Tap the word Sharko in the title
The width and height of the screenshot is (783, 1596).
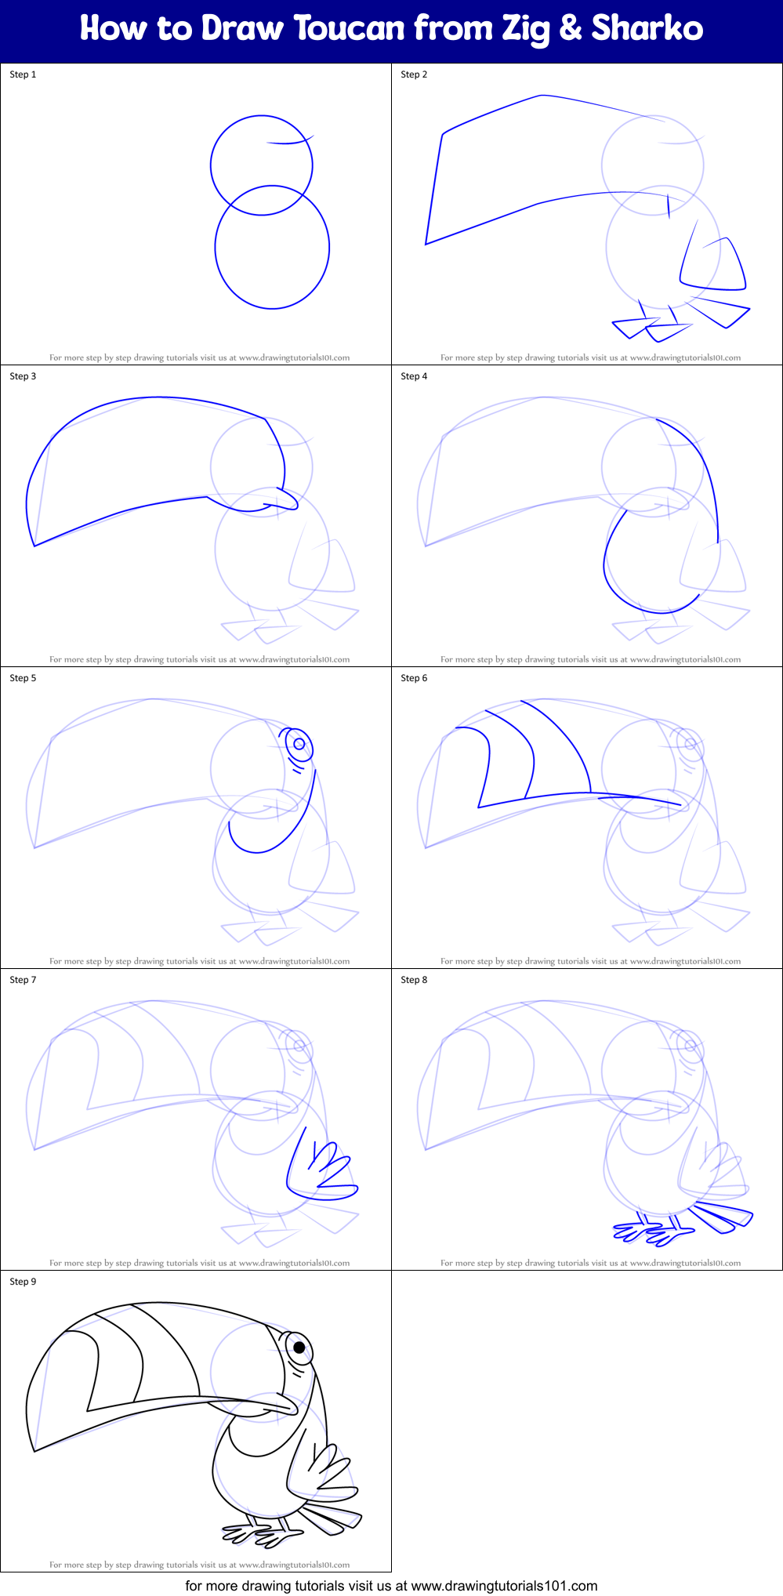pos(647,29)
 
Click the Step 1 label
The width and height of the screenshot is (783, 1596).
pos(23,74)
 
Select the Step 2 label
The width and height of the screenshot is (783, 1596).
pos(414,74)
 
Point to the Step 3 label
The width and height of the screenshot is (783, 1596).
pos(23,376)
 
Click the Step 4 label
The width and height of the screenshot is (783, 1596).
pos(414,376)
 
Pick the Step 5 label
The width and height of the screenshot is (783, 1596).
pos(23,678)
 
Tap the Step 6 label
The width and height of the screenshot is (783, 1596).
pos(414,678)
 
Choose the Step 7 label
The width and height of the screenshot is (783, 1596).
pos(23,980)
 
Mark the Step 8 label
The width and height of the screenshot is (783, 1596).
pos(414,980)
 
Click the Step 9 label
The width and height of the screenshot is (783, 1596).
pos(23,1282)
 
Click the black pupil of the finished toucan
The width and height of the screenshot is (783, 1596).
pos(299,1348)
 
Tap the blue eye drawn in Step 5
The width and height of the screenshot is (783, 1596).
pos(299,744)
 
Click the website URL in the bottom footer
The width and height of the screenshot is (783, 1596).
pos(504,1585)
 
